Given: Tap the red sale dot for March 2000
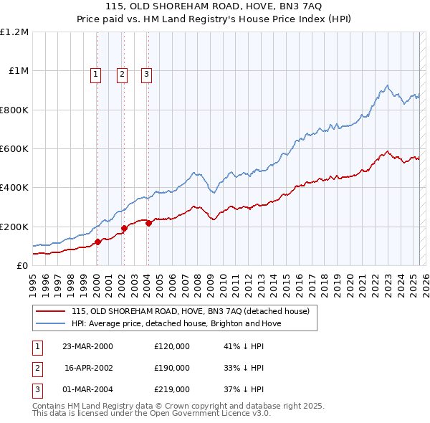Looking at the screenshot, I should tap(97, 242).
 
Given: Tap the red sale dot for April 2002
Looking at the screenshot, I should tap(124, 229).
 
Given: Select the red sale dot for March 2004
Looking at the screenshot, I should tap(148, 223).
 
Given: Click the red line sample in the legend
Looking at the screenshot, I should tap(51, 311).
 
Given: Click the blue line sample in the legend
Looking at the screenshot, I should tap(51, 323).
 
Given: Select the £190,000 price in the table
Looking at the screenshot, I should tap(172, 368).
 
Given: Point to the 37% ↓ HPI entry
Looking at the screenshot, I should tap(244, 389).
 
